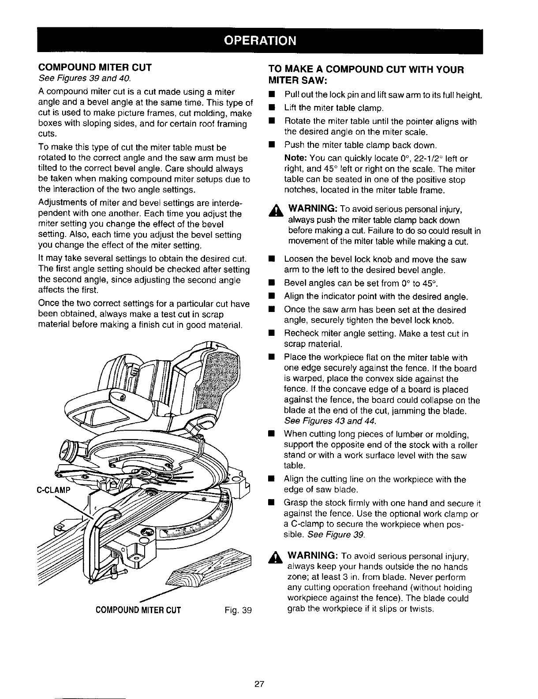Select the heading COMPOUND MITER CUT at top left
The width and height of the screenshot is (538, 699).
(x=95, y=68)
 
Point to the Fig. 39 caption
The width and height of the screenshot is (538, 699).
(x=237, y=610)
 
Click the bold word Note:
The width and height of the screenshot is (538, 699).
(x=296, y=158)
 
